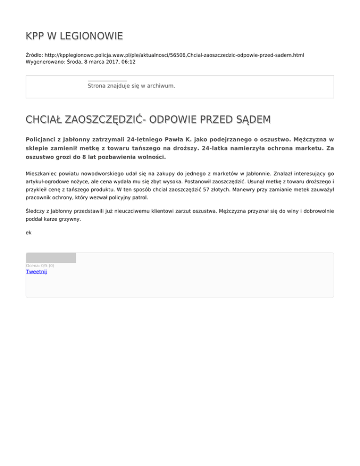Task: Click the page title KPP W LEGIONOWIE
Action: pyautogui.click(x=75, y=36)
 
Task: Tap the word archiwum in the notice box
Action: pyautogui.click(x=159, y=86)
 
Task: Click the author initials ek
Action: pyautogui.click(x=29, y=232)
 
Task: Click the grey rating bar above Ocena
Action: pyautogui.click(x=51, y=257)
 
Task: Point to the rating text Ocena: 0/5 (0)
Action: pyautogui.click(x=40, y=266)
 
